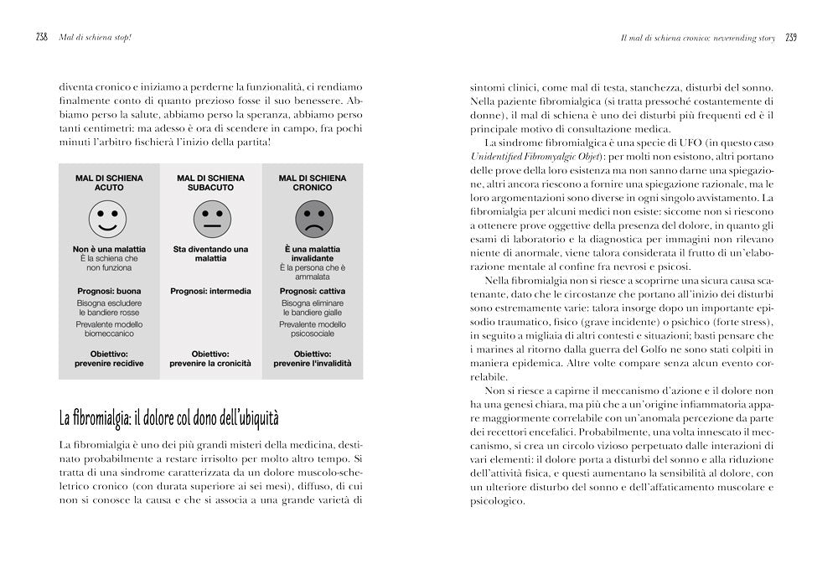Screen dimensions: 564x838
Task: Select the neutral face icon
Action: coord(210,221)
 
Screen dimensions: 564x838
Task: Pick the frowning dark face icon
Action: coord(313,221)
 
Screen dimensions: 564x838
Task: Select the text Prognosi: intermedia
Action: coord(211,291)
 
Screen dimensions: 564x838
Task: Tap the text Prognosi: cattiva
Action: coord(313,291)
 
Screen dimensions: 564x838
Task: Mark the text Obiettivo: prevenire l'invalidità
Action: coord(313,359)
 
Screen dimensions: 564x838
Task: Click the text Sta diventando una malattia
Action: coord(211,254)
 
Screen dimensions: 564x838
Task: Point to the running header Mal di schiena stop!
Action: coord(89,38)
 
